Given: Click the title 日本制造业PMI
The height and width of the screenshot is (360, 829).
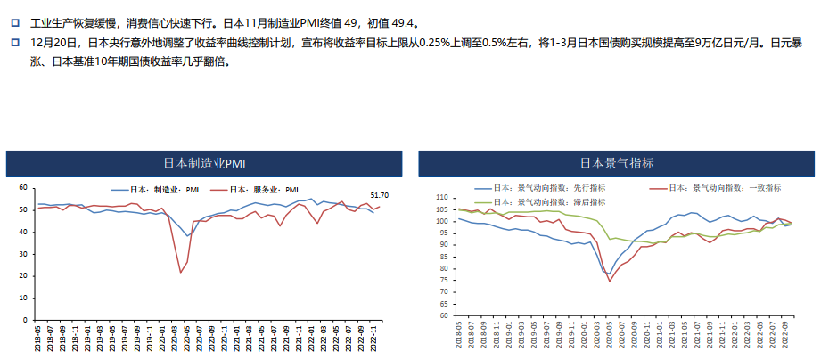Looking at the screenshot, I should [x=203, y=164].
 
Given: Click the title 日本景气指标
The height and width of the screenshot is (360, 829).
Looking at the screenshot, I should [x=617, y=164].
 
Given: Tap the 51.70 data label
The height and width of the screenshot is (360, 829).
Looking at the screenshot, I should [x=380, y=195].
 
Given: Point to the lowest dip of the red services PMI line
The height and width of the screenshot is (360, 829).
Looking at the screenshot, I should [x=181, y=272].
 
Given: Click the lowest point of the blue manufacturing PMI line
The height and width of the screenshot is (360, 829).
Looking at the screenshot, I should [x=187, y=236].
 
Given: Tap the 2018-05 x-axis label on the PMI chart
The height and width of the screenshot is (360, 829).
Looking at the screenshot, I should [x=37, y=339].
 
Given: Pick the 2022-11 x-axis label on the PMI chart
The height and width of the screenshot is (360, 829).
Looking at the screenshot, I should [x=373, y=339].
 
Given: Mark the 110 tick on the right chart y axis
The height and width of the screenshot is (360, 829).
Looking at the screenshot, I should [x=439, y=197].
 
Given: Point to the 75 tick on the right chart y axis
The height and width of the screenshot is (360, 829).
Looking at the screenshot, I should [x=441, y=280].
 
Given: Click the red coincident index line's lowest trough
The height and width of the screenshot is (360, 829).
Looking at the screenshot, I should [x=611, y=281].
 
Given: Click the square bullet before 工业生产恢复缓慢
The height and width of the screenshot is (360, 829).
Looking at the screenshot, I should [x=14, y=23].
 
